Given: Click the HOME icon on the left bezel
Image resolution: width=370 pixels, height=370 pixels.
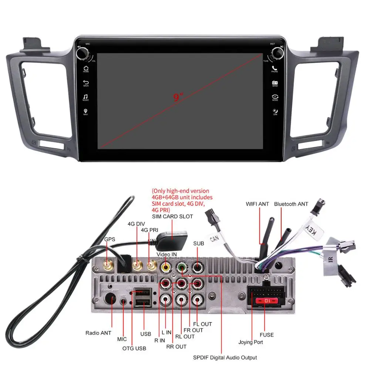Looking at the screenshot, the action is (86, 68).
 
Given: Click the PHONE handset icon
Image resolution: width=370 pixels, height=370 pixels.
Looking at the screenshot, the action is (275, 68).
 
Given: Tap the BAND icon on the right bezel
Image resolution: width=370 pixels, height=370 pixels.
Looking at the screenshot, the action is (275, 83).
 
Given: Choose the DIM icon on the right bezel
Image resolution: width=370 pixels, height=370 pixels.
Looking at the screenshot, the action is (275, 111).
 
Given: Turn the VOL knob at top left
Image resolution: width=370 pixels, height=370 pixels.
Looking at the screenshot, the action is (82, 53).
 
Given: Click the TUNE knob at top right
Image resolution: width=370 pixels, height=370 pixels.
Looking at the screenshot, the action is (278, 53).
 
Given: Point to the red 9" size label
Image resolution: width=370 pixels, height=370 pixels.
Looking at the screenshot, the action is (178, 98).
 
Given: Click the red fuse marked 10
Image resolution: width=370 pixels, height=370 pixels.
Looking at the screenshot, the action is (265, 300).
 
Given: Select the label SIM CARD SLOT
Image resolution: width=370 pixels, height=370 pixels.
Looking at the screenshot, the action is (172, 216).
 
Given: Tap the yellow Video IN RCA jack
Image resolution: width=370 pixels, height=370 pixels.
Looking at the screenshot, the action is (165, 267).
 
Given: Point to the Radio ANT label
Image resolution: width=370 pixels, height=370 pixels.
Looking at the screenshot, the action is (98, 333).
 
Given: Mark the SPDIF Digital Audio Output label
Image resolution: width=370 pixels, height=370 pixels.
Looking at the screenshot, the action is (225, 357).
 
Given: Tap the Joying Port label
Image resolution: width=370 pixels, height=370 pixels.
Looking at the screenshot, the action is (250, 342).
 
